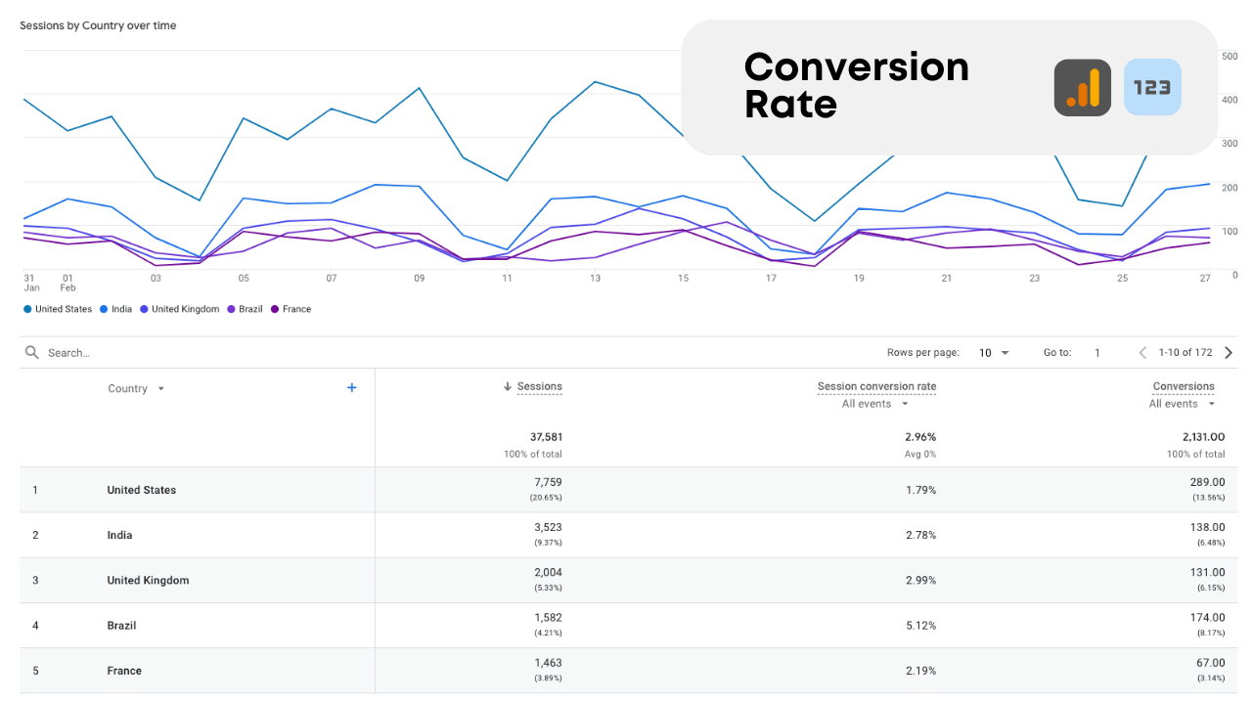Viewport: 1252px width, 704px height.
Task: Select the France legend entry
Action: (x=295, y=309)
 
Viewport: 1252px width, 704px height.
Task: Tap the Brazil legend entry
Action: (x=249, y=309)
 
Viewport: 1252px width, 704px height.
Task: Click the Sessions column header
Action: (x=539, y=386)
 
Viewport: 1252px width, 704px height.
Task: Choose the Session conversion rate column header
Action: (x=876, y=386)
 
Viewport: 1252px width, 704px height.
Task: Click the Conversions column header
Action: (x=1184, y=386)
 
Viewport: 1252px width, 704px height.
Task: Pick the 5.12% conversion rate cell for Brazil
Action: (x=920, y=626)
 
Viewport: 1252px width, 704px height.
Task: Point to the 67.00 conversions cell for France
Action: (x=1207, y=663)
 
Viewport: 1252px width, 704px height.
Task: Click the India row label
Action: (x=119, y=536)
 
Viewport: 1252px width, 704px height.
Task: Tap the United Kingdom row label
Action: (x=148, y=581)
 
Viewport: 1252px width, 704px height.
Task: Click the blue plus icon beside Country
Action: (x=352, y=388)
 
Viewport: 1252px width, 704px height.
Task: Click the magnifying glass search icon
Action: (x=32, y=353)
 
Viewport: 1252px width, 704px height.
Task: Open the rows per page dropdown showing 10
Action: (x=994, y=353)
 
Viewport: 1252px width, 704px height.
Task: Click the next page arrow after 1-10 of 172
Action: (x=1229, y=353)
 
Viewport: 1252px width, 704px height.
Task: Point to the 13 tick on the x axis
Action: (x=595, y=279)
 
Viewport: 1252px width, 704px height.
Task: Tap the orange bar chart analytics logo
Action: (x=1082, y=88)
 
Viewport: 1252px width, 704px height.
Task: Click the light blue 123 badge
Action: (x=1152, y=88)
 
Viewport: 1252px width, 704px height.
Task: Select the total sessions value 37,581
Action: (x=546, y=437)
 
